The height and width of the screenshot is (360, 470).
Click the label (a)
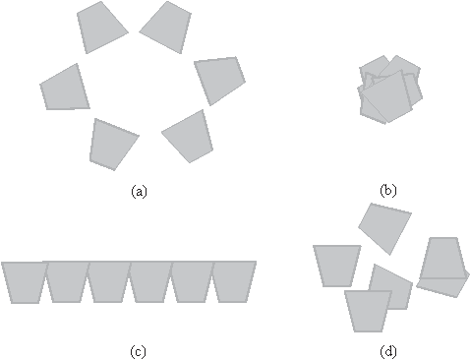tap(139, 193)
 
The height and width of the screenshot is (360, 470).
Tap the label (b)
tap(388, 193)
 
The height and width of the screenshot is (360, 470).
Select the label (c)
tap(139, 351)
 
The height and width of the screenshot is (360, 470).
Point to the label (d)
tap(388, 351)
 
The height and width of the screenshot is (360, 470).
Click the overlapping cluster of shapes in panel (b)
tap(389, 90)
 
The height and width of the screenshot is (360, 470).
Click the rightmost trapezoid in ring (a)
tap(220, 79)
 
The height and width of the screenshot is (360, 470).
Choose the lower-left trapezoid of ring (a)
tap(112, 143)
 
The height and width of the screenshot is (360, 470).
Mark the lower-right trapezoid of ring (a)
tap(190, 135)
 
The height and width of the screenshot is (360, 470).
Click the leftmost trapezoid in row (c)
tap(24, 281)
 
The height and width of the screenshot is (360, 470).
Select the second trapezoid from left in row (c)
tap(66, 281)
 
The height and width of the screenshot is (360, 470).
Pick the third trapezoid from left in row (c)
tap(108, 281)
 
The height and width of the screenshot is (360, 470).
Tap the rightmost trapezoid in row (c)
tap(234, 281)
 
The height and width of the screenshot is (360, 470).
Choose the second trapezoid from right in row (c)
tap(193, 281)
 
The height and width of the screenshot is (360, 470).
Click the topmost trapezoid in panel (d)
tap(383, 226)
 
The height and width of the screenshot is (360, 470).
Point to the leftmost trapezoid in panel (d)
tap(336, 265)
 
